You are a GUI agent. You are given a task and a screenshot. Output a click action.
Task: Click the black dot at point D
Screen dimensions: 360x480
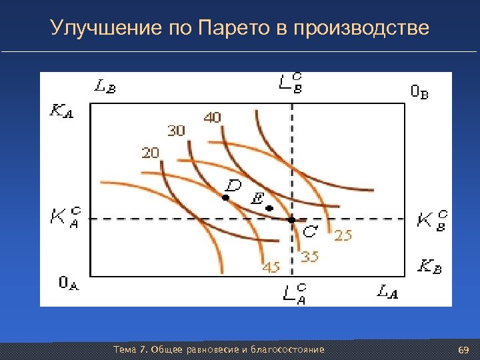pos(225,198)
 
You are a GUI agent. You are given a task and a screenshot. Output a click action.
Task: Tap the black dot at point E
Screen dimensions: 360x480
pos(269,209)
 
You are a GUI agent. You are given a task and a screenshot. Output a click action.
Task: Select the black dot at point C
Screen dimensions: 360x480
pos(291,219)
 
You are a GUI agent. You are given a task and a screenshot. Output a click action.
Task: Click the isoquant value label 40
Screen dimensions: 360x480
pos(212,118)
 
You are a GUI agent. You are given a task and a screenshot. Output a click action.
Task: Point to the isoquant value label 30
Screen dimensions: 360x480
pos(176,131)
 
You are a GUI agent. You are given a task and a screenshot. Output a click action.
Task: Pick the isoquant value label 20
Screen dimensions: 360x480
pos(150,153)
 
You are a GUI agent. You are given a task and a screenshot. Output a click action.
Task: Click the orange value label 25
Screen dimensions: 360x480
pos(343,235)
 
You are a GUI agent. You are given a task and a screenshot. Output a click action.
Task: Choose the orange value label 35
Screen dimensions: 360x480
pos(309,256)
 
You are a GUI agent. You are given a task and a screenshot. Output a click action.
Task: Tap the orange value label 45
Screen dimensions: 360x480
pos(271,267)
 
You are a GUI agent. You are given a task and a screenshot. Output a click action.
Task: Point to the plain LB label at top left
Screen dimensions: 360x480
pos(105,86)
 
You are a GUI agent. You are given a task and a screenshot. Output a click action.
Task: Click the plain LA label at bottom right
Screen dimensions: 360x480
pos(387,291)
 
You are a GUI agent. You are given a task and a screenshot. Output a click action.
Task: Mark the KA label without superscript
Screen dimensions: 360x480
pos(62,111)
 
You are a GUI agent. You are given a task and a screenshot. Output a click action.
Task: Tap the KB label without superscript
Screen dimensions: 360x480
pos(429,267)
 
